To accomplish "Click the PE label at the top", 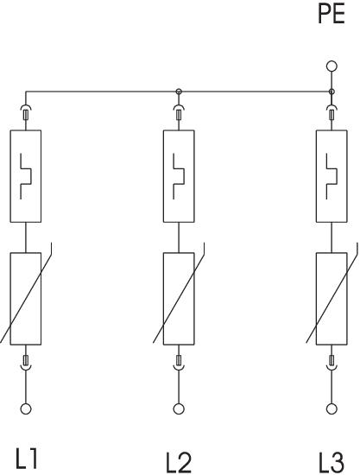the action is [332, 14].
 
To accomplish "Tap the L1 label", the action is [27, 459].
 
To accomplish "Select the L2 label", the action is [179, 462].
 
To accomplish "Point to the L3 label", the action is [332, 462].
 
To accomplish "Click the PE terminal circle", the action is [332, 66].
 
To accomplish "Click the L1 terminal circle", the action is [26, 409].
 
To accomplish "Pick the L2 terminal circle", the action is [179, 409].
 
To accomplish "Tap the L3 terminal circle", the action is [332, 409].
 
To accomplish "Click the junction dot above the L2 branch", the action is [179, 92].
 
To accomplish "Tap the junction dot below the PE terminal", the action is [332, 92].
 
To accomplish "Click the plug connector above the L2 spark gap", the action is [179, 112].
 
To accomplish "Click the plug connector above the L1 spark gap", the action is [26, 112].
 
